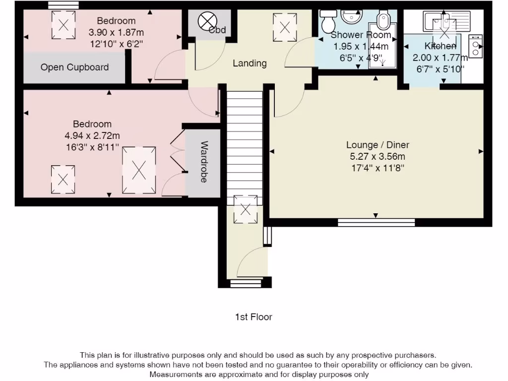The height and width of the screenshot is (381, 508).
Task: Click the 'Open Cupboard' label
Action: click(x=74, y=67)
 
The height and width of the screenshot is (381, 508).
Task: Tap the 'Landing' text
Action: click(x=250, y=63)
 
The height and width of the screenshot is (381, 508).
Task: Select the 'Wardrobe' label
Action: click(x=203, y=162)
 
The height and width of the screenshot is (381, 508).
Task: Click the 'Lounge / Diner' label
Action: click(x=378, y=145)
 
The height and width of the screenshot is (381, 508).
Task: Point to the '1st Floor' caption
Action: click(x=254, y=317)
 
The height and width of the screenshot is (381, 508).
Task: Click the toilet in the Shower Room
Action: click(x=328, y=19)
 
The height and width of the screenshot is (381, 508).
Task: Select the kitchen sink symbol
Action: click(x=446, y=21)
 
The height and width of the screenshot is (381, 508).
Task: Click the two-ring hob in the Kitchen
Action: click(x=476, y=46)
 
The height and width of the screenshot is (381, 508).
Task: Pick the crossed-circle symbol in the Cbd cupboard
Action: click(x=207, y=21)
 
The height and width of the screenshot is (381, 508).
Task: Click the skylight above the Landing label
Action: click(x=285, y=27)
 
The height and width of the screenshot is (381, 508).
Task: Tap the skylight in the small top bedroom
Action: click(x=63, y=25)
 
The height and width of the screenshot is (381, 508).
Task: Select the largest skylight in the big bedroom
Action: click(x=139, y=171)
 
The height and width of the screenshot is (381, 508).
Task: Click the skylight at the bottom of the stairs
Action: click(x=246, y=209)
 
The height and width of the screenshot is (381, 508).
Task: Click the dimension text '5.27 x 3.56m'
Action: click(x=378, y=156)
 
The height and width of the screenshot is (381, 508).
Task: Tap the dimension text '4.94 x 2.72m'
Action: click(x=92, y=136)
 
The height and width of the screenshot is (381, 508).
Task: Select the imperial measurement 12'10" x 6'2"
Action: click(x=116, y=44)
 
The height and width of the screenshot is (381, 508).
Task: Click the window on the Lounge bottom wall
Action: click(x=376, y=222)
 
